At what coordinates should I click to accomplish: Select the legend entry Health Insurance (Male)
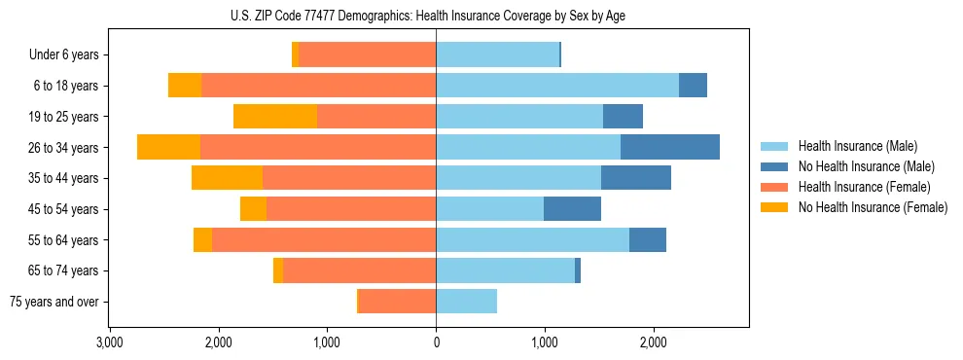pos(851,146)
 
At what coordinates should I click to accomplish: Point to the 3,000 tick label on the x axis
pos(110,342)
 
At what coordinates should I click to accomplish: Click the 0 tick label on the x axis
pos(436,342)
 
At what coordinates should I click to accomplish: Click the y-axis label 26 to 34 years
pos(64,147)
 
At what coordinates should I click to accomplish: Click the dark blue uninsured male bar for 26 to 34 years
pos(669,147)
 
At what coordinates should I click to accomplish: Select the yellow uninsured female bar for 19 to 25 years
pos(275,116)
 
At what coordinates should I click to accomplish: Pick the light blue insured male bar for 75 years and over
pos(466,302)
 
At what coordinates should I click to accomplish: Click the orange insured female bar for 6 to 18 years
pos(318,85)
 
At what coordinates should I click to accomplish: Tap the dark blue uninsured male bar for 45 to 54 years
pos(572,208)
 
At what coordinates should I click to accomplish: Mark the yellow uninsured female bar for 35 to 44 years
pos(227,178)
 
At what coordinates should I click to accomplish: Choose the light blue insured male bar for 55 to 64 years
pos(532,239)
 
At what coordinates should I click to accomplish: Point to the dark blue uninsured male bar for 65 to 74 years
pos(578,270)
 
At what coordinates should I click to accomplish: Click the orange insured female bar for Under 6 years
pos(368,54)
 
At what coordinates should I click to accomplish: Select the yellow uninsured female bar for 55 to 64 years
pos(202,239)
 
